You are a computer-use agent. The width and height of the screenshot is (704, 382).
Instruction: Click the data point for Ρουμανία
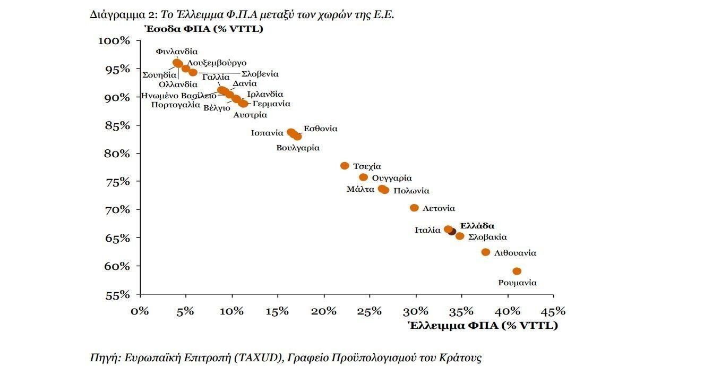pos(517,271)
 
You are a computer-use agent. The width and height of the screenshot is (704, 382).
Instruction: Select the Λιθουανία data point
pos(485,252)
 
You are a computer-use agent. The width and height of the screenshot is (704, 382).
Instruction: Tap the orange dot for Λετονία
pos(414,208)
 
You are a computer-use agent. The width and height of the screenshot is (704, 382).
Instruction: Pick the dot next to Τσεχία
pos(345,166)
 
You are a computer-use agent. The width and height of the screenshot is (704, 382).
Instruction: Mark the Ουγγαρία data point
pos(363,177)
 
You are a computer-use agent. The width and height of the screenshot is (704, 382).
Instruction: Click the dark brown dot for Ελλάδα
pos(452,232)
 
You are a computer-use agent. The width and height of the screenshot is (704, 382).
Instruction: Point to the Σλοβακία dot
pos(460,236)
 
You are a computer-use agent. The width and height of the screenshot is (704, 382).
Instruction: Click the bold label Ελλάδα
pos(477,225)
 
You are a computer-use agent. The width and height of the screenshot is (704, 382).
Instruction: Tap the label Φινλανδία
pos(177,52)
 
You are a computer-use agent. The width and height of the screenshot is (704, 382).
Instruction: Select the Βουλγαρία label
pos(298,148)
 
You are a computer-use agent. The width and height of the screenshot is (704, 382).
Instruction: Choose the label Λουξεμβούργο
pos(217,63)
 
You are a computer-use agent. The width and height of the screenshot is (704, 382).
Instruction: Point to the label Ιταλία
pos(427,230)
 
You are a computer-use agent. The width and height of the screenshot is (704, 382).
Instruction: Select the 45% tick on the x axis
pos(553,311)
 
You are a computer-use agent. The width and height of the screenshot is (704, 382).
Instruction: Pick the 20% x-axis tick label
pos(324,311)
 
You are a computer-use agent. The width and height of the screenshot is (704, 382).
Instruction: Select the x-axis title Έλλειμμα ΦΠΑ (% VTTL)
pos(483,325)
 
